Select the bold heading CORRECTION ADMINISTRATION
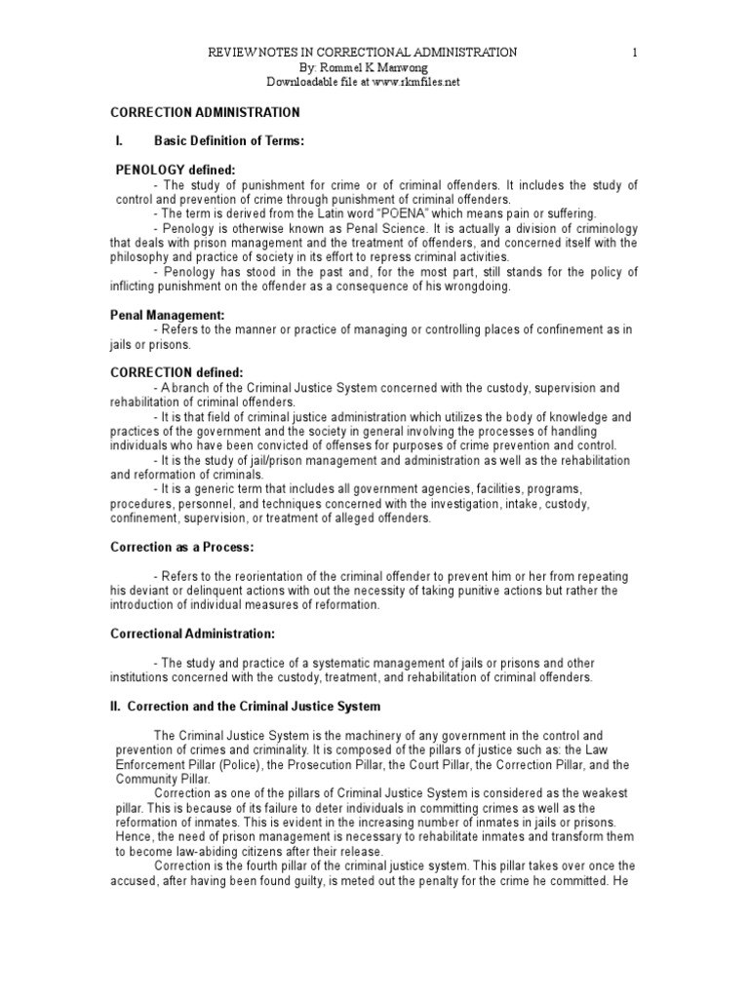(x=204, y=113)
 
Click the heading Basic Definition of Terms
(x=229, y=141)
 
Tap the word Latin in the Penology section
(x=384, y=213)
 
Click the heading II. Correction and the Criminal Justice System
(x=244, y=705)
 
